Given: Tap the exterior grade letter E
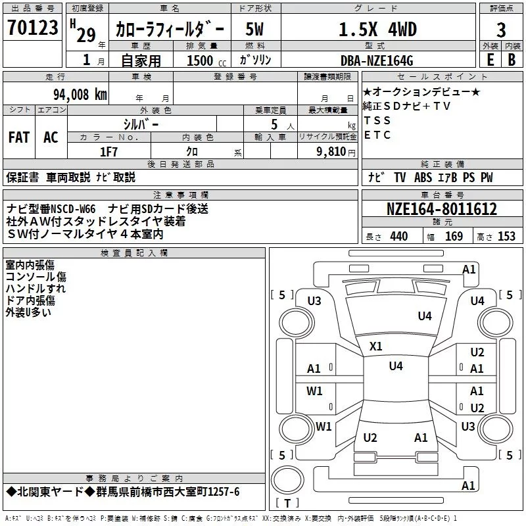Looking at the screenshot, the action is pyautogui.click(x=489, y=59).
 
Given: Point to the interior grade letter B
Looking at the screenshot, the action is pyautogui.click(x=512, y=59).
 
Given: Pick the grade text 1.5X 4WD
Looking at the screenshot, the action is pyautogui.click(x=378, y=29).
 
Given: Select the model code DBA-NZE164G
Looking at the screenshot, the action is pyautogui.click(x=377, y=60).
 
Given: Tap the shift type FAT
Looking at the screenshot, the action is pyautogui.click(x=18, y=137).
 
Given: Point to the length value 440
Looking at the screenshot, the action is pyautogui.click(x=398, y=237).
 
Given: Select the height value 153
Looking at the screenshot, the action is pyautogui.click(x=506, y=237).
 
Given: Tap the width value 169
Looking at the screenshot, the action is pyautogui.click(x=454, y=237).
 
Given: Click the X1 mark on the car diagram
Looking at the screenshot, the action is pyautogui.click(x=376, y=346).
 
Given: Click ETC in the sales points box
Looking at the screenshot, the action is pyautogui.click(x=377, y=135).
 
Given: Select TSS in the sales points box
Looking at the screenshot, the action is pyautogui.click(x=377, y=120).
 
